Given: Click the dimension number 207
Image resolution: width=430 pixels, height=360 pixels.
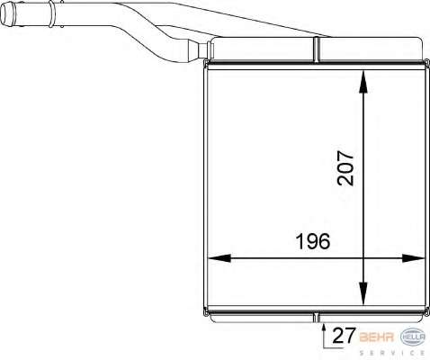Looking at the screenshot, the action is [345, 168].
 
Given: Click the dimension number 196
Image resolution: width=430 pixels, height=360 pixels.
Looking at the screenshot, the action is [313, 242].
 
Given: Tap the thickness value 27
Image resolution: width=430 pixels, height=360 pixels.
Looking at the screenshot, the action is [344, 336].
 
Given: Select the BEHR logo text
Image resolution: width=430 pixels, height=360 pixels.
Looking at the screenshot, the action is [377, 337].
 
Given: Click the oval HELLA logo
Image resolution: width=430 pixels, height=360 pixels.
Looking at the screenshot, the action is [413, 337].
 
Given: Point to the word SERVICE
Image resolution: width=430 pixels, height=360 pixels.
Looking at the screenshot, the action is [392, 353].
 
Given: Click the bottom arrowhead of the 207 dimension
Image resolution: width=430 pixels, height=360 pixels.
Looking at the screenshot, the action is [363, 293].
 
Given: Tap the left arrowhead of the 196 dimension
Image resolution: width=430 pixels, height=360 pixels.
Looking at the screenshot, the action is [219, 258].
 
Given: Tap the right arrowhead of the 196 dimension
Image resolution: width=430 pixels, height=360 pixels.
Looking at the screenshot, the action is [413, 258].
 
